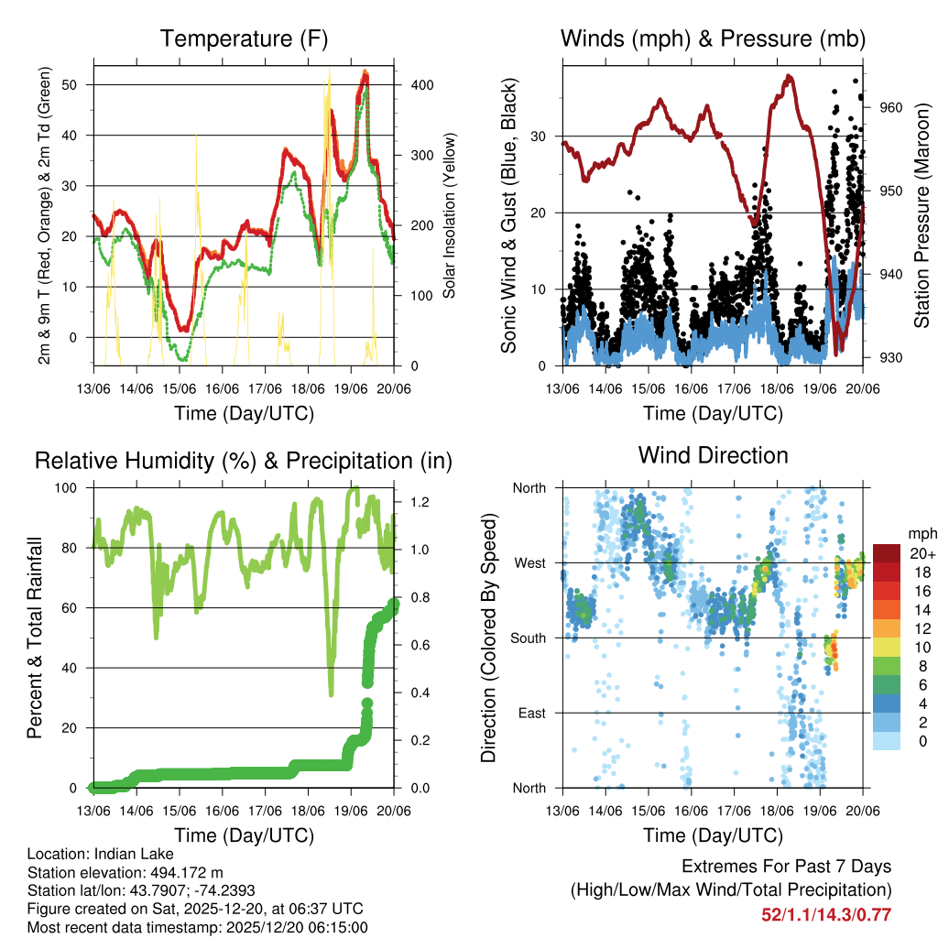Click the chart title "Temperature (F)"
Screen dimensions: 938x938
point(244,38)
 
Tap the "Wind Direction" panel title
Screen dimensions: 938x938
point(713,454)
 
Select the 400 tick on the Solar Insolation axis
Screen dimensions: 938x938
point(414,84)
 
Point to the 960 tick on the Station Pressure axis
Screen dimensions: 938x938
point(892,107)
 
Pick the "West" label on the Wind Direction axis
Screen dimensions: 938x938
point(529,562)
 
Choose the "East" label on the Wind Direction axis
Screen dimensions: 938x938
point(531,713)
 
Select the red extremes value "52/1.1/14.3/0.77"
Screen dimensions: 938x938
point(826,914)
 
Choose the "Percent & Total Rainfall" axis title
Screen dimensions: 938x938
point(35,638)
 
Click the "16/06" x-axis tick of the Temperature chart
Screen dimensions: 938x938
point(223,388)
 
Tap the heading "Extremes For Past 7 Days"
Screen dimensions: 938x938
point(786,867)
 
